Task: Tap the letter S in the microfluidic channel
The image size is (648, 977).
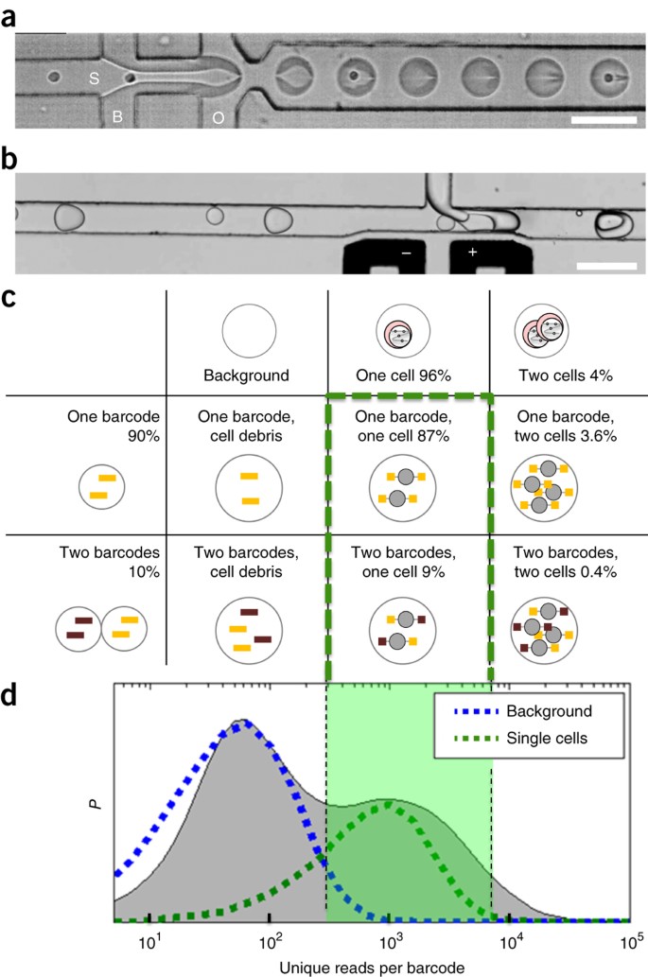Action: coord(95,79)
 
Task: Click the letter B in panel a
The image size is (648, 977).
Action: coord(118,116)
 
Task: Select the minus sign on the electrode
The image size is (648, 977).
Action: coord(405,254)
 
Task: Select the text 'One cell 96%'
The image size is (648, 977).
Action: coord(410,375)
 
